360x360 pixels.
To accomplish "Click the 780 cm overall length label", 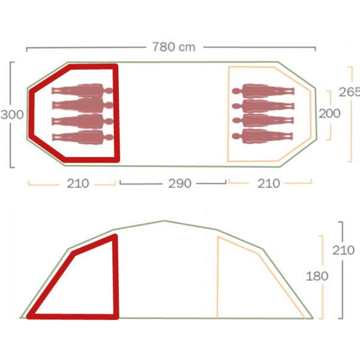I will tap(173, 47).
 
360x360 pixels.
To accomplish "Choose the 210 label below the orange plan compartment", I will tap(268, 184).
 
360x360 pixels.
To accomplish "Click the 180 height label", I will tap(317, 276).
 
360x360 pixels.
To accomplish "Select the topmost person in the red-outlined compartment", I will tap(82, 91).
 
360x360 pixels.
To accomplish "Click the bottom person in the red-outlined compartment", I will tap(82, 136).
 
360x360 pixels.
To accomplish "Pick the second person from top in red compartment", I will tap(82, 106).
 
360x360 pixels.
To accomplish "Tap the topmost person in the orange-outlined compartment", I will tap(264, 92).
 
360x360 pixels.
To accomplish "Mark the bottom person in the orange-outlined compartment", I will tap(264, 135).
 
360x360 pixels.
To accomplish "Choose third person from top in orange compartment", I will tap(264, 121).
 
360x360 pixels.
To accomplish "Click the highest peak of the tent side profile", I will tap(164, 221).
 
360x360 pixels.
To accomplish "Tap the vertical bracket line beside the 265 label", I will tap(351, 132).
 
